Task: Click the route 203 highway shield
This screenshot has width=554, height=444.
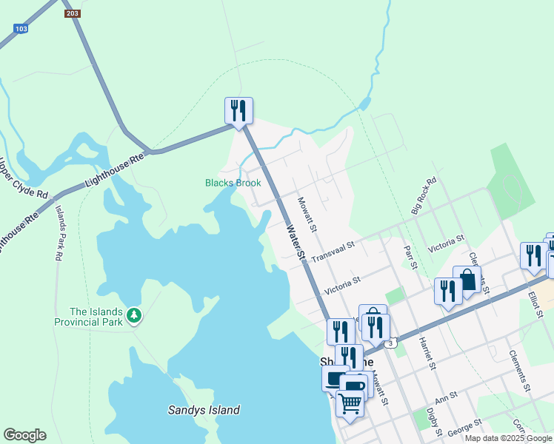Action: [x=73, y=13]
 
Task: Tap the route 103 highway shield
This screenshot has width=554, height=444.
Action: [x=20, y=28]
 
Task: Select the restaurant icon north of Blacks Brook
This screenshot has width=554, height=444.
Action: [x=238, y=111]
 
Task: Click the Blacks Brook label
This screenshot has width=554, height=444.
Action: [x=233, y=183]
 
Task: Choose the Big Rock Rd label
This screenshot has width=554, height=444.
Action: [x=424, y=195]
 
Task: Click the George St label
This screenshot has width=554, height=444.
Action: [x=467, y=425]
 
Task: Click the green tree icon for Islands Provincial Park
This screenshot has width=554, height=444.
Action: [x=133, y=316]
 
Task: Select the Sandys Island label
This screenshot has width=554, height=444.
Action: [x=204, y=410]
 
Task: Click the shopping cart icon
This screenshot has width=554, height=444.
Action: [x=350, y=403]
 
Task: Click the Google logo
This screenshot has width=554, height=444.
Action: [x=24, y=434]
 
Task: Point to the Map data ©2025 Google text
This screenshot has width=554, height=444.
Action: [x=508, y=438]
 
